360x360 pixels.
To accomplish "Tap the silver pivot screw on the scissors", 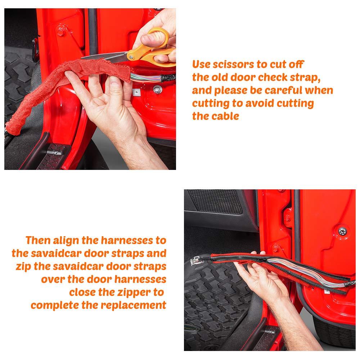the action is (x=131, y=57).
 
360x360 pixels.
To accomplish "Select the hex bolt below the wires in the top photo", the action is (x=157, y=90).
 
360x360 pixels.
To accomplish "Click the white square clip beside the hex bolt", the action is (x=136, y=92).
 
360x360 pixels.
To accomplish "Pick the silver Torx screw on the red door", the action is (x=342, y=231).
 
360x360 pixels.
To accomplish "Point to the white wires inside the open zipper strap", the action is (x=305, y=273).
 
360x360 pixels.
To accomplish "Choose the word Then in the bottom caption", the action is (x=38, y=240).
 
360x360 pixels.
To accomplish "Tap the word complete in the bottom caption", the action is (x=55, y=306).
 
